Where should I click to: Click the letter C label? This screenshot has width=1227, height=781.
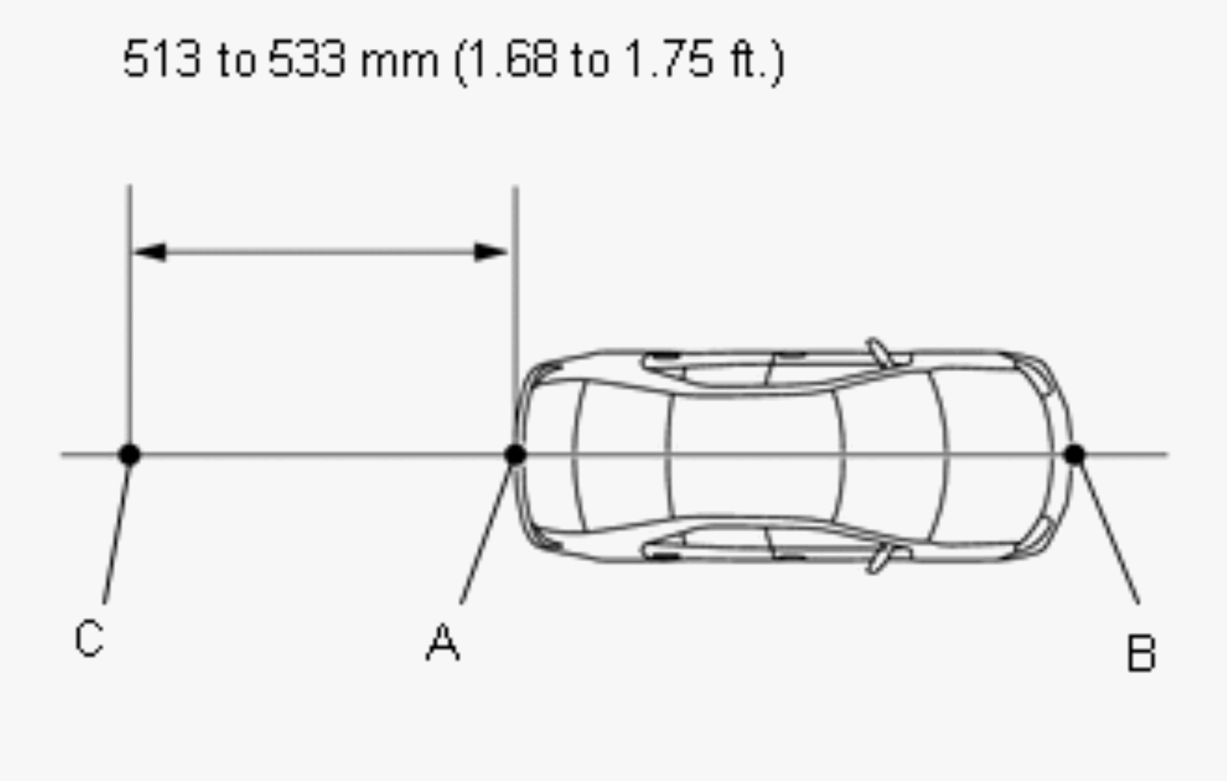coord(89,638)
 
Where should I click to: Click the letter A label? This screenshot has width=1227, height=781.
coord(442,642)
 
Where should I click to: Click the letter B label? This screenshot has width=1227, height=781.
coord(1141,653)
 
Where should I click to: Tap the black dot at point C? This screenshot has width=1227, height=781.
coord(130,455)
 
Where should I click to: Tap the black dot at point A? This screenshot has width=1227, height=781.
coord(515,455)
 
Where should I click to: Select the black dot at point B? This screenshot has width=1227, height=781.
coord(1074,455)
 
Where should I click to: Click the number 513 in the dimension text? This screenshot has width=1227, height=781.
coord(162,59)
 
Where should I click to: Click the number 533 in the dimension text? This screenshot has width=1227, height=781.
coord(308,59)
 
